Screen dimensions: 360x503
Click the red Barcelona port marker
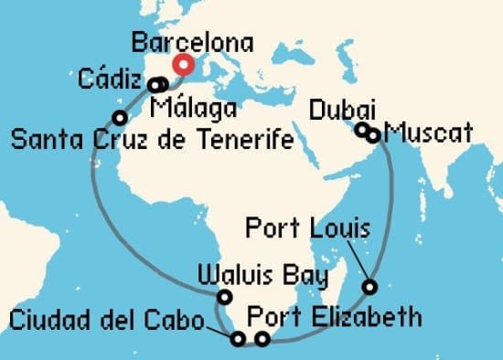[x=184, y=65]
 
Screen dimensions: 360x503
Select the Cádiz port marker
[x=155, y=86]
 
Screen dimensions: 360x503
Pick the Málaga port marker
[x=162, y=85]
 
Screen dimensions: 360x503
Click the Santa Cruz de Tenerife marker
[x=119, y=117]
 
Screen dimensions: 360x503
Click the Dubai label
[x=340, y=110]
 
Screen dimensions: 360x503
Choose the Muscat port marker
[x=373, y=135]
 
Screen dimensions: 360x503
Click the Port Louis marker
[x=369, y=287]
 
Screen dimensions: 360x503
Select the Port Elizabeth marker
[x=262, y=340]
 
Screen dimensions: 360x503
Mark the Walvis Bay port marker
[x=224, y=296]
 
